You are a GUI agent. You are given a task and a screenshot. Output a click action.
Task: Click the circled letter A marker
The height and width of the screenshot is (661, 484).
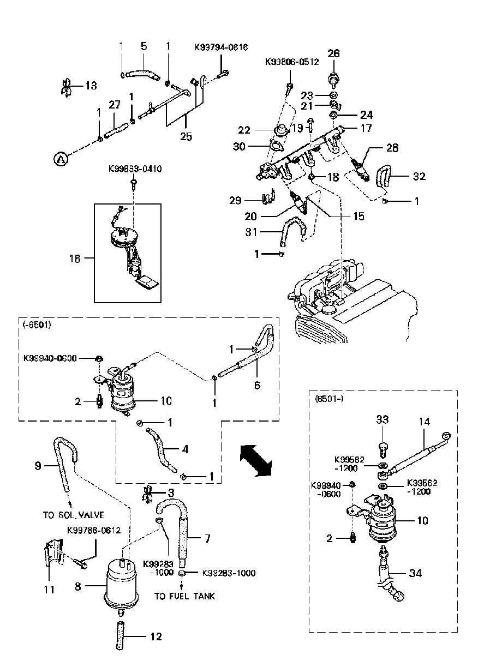click(61, 159)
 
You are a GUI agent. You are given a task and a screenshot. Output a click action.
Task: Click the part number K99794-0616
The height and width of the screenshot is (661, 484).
click(221, 47)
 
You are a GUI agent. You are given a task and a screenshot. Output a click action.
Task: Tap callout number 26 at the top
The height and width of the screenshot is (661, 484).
click(333, 53)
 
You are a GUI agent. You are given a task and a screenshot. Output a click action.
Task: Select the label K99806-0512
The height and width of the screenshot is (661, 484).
click(292, 62)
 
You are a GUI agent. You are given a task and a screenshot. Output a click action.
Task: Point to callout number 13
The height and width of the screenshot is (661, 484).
click(90, 86)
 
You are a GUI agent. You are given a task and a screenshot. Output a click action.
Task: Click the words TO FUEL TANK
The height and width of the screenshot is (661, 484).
click(184, 596)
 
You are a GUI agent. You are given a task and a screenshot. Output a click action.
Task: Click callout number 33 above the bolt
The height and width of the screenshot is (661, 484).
click(382, 420)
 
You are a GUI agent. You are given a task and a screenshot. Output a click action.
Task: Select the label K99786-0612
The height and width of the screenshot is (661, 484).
click(94, 530)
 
